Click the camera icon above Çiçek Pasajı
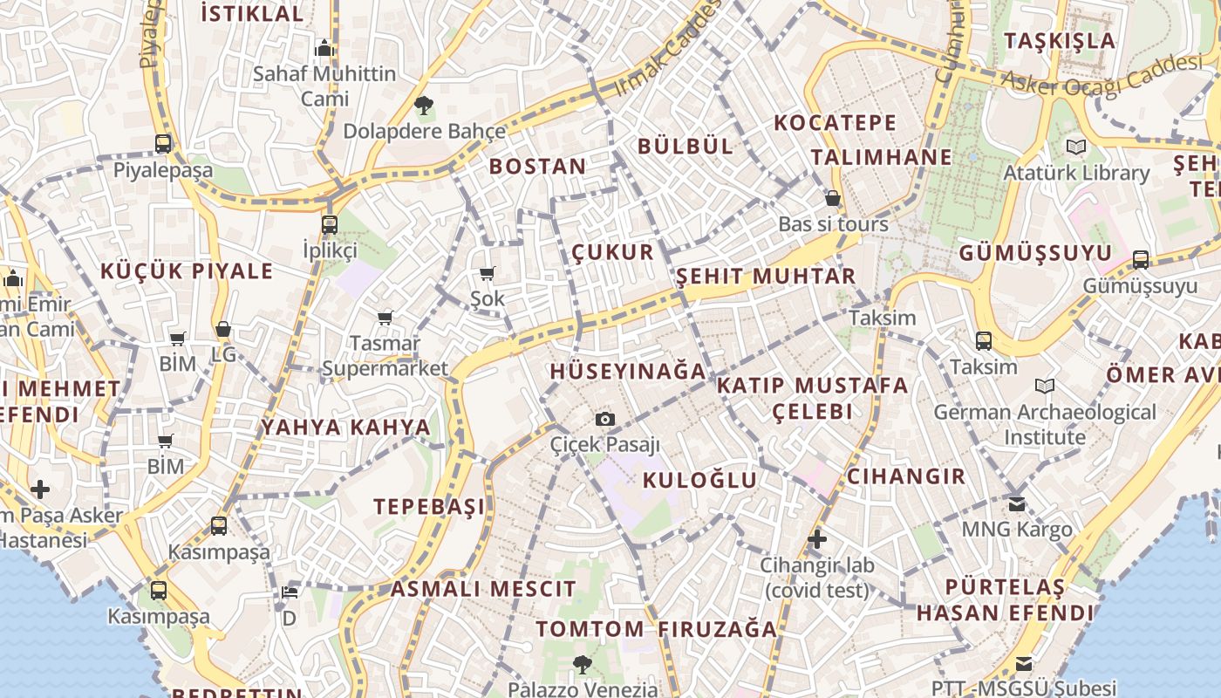point(605,420)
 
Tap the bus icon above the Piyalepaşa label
point(163,144)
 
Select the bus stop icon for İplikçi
point(329,225)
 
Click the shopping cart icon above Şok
point(488,274)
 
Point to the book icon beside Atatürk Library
point(1076,147)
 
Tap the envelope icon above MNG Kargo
point(1017,503)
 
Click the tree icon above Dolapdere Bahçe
point(424,106)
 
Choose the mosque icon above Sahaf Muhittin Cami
point(324,48)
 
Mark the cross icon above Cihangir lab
point(817,539)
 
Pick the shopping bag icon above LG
point(223,330)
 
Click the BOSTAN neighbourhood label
point(538,167)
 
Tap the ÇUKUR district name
point(613,253)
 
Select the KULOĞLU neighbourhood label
point(700,480)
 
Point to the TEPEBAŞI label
point(429,507)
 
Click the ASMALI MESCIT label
point(483,589)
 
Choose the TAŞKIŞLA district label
point(1060,41)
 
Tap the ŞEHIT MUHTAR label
point(767,277)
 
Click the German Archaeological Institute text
point(1045,424)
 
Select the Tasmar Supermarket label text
point(385,356)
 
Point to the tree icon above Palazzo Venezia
point(582,665)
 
